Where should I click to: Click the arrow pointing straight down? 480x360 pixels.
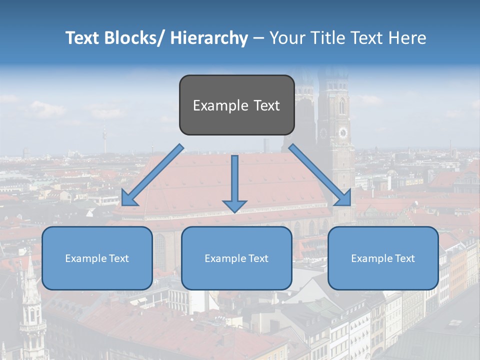[234, 185]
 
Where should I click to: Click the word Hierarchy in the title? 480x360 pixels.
[209, 38]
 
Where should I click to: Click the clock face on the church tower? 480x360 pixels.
[343, 132]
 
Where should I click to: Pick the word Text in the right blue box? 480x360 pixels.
[405, 258]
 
